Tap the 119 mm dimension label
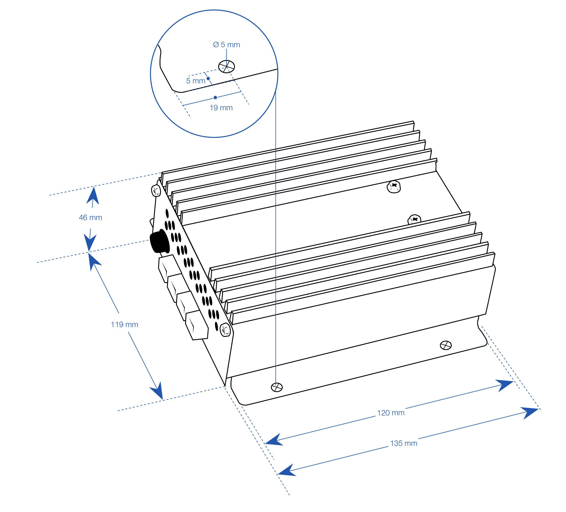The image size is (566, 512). (x=125, y=325)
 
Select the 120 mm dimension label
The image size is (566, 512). (x=391, y=413)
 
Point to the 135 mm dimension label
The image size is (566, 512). (x=404, y=444)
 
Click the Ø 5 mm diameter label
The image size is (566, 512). (x=227, y=45)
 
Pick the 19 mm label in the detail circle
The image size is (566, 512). (x=221, y=108)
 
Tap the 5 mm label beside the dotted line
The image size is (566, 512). (x=196, y=81)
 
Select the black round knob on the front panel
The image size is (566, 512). (x=159, y=241)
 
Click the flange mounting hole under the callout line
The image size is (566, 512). (x=277, y=387)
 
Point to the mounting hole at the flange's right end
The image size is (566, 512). (x=446, y=345)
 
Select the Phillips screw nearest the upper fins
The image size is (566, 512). (x=394, y=186)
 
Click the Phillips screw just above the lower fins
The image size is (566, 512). (x=415, y=219)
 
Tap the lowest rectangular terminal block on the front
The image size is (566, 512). (x=197, y=325)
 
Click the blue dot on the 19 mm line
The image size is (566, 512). (x=215, y=97)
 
